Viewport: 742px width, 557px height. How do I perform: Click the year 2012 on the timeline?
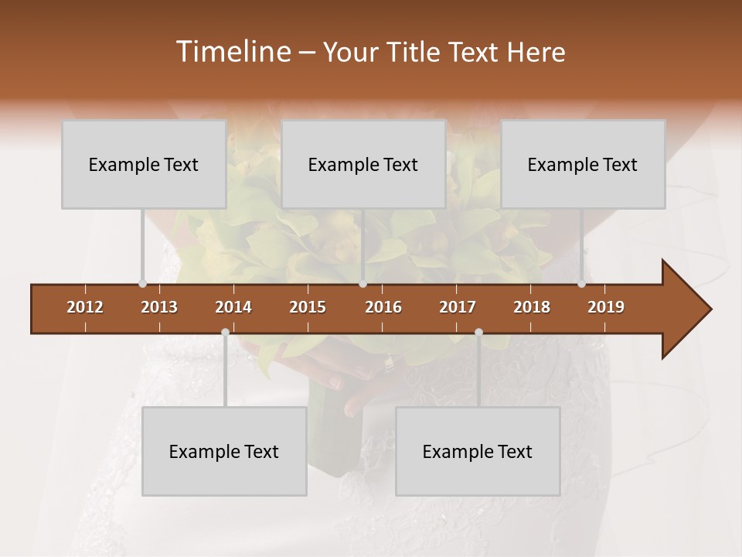point(85,307)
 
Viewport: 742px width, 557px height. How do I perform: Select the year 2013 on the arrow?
point(159,307)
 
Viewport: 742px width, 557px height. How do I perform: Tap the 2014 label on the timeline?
point(233,307)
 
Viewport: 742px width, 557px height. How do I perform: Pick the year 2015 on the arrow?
point(308,307)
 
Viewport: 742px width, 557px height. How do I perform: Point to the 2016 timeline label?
point(383,307)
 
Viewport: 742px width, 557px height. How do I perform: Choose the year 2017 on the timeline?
point(458,307)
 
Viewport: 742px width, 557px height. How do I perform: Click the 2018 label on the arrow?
point(532,307)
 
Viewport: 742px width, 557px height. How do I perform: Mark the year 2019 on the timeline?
point(606,307)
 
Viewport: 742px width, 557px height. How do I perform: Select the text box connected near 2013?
point(144,164)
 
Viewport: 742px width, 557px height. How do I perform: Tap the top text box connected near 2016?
point(363,164)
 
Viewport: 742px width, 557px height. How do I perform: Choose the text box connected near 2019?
point(583,164)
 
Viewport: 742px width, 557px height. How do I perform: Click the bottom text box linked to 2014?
point(224,451)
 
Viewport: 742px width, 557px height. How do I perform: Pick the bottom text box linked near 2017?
point(478,451)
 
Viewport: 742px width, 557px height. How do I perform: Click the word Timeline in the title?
point(232,52)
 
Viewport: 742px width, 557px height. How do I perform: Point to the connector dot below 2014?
point(225,333)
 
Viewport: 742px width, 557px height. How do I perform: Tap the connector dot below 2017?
point(478,333)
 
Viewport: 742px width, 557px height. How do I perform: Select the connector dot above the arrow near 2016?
point(362,284)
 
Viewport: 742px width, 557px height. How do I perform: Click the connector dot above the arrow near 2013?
point(142,284)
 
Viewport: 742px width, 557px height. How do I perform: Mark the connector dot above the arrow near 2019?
point(581,284)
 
